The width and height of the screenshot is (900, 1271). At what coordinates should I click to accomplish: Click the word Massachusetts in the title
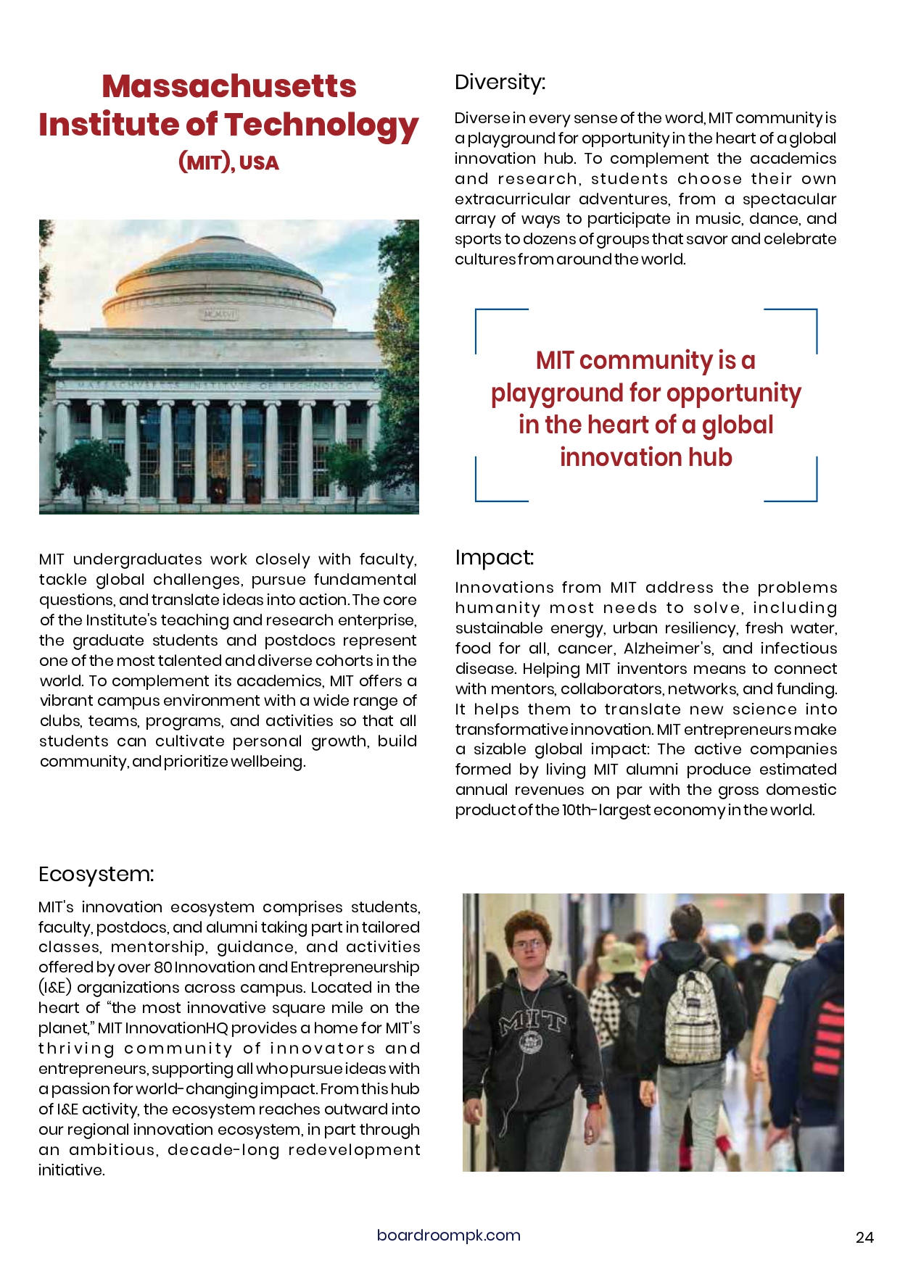(x=228, y=86)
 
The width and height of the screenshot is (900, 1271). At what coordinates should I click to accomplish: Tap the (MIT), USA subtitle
(x=228, y=162)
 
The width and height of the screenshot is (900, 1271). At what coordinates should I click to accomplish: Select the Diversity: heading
(x=500, y=82)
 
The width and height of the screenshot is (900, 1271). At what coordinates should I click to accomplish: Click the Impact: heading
(x=494, y=557)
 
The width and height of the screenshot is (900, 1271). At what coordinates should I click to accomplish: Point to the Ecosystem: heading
(x=96, y=874)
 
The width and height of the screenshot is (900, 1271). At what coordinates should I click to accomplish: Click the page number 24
(x=864, y=1238)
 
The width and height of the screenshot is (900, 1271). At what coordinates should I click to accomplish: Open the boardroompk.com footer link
(x=448, y=1235)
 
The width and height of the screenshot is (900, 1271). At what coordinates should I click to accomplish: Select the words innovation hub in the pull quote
(x=645, y=457)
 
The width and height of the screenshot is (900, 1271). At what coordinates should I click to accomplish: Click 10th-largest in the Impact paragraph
(x=606, y=810)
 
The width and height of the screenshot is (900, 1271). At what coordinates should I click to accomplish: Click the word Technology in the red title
(x=324, y=125)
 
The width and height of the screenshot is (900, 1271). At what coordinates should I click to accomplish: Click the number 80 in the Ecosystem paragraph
(x=162, y=967)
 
